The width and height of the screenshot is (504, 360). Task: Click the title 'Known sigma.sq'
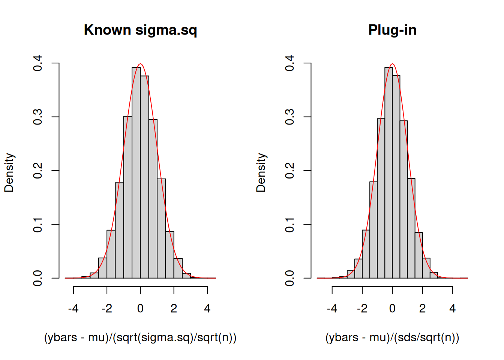(140, 30)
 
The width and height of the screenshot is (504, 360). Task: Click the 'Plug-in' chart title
(392, 30)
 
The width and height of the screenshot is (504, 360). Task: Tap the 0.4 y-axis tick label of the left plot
(38, 63)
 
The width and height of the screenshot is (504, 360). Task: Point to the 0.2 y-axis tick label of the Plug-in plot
(290, 171)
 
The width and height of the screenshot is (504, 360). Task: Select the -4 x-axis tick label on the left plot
(73, 309)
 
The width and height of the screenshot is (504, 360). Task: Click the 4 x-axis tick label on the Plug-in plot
(453, 309)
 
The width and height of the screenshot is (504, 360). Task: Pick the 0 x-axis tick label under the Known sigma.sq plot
(140, 309)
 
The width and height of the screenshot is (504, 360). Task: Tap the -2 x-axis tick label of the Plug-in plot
(362, 309)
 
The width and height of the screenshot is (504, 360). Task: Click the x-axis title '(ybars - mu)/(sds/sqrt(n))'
(392, 337)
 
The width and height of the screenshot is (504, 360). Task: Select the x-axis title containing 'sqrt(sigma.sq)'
(140, 337)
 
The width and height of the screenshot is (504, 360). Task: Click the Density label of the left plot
(9, 172)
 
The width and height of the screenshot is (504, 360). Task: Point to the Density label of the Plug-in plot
(261, 172)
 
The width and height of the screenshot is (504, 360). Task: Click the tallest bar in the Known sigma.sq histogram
(136, 172)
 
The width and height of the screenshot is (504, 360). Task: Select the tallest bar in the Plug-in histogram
(388, 172)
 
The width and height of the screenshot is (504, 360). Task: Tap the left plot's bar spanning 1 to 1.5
(161, 229)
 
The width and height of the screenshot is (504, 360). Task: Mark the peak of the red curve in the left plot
(140, 64)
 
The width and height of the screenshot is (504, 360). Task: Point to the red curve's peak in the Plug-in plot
(392, 64)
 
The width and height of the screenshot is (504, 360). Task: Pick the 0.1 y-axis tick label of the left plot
(38, 224)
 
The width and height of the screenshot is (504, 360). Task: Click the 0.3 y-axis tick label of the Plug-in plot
(290, 117)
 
